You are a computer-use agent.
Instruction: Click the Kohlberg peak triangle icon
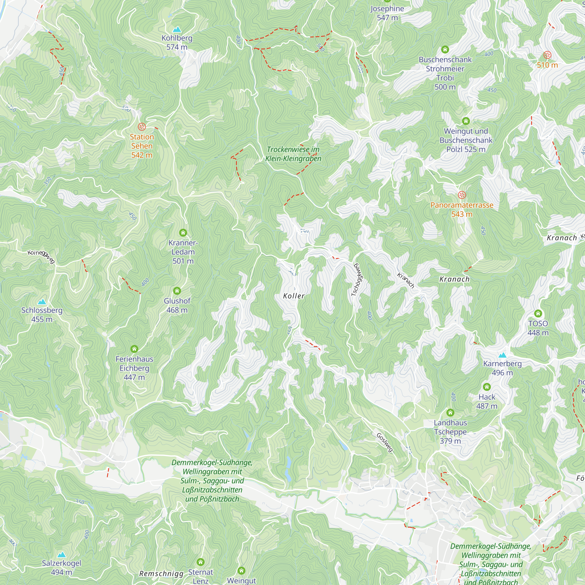[x=177, y=29]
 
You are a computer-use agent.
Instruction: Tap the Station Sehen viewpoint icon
[x=142, y=127]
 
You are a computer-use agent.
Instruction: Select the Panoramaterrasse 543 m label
[x=462, y=209]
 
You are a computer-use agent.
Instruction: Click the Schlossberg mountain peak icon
[x=42, y=302]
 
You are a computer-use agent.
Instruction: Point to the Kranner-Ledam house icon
[x=183, y=233]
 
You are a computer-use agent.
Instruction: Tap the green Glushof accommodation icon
[x=177, y=291]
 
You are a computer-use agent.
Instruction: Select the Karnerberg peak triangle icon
[x=502, y=355]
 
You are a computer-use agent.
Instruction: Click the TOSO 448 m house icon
[x=538, y=313]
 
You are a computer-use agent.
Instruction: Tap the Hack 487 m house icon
[x=487, y=387]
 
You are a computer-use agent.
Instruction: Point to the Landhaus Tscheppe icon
[x=450, y=412]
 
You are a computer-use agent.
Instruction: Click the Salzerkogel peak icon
[x=61, y=554]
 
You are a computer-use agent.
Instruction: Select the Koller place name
[x=293, y=296]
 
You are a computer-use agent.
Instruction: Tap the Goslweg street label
[x=385, y=442]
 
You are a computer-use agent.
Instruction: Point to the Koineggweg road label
[x=41, y=256]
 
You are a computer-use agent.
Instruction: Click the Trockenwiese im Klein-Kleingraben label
[x=293, y=154]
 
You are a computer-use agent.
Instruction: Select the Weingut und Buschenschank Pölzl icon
[x=466, y=121]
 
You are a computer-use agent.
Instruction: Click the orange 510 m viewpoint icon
[x=547, y=55]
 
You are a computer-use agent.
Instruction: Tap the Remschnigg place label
[x=161, y=574]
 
